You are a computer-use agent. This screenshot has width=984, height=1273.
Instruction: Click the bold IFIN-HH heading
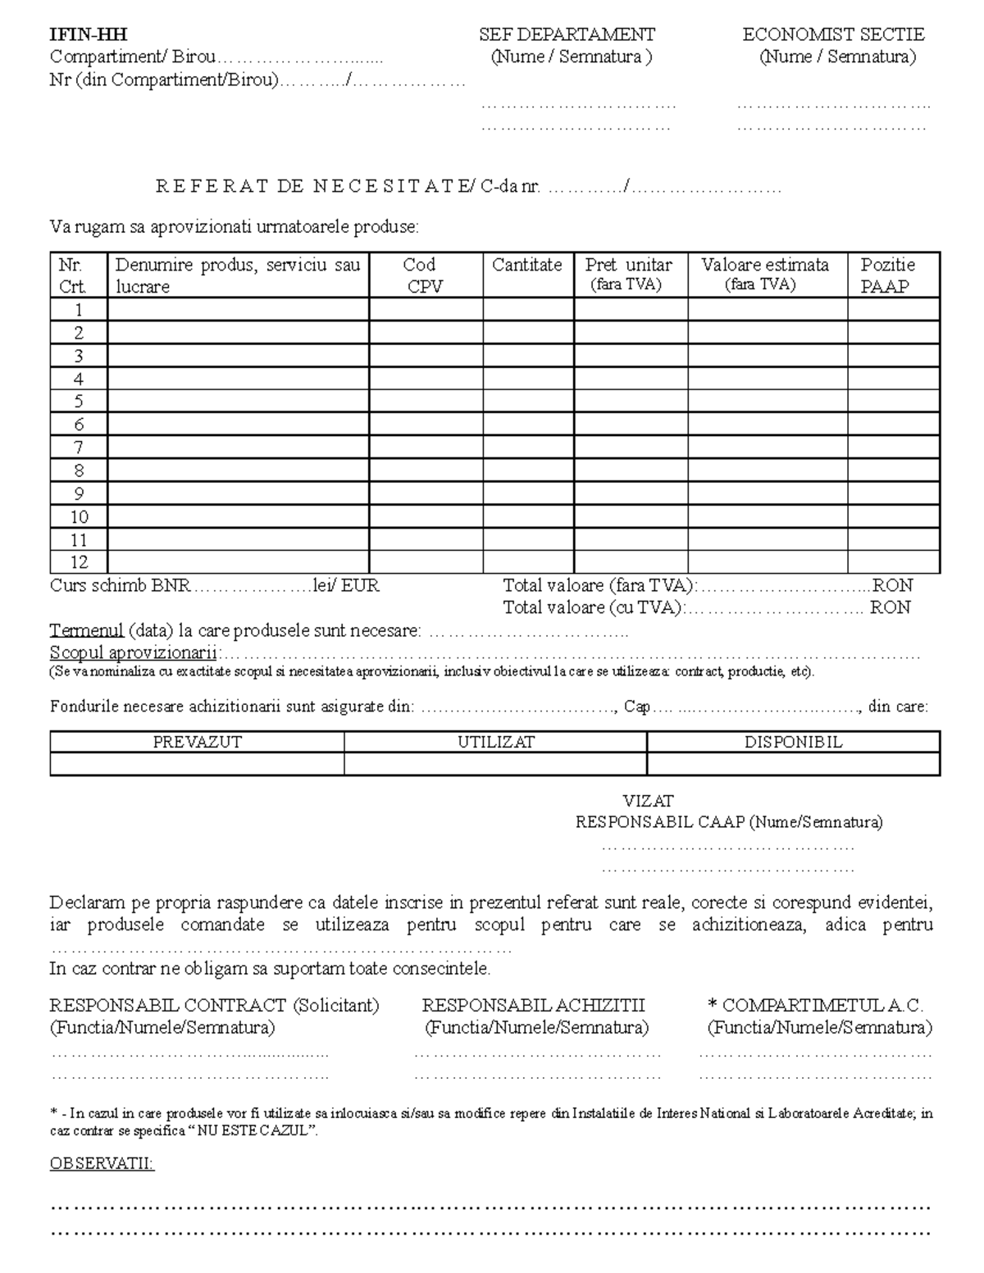click(89, 34)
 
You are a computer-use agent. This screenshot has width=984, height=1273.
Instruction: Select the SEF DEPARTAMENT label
click(567, 34)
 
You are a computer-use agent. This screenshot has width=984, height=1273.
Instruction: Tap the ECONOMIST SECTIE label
click(833, 34)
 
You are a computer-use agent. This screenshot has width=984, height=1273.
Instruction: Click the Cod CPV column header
click(426, 275)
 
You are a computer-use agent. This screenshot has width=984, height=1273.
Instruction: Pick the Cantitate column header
click(527, 265)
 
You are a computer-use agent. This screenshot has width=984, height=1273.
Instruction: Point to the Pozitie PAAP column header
click(887, 275)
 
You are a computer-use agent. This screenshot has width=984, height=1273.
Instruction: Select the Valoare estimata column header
click(765, 265)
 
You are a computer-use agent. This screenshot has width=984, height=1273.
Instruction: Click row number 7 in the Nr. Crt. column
click(79, 448)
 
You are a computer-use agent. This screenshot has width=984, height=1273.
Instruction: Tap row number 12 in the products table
click(79, 562)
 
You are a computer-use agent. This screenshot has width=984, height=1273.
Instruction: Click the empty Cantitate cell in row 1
click(528, 310)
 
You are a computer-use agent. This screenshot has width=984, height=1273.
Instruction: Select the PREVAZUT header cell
click(198, 742)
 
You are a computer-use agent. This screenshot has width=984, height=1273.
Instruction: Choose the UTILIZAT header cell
click(495, 742)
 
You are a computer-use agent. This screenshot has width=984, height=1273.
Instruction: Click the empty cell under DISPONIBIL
click(793, 764)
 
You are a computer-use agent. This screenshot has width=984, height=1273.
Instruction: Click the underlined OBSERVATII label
click(102, 1164)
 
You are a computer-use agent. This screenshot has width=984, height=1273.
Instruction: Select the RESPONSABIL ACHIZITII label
click(533, 1005)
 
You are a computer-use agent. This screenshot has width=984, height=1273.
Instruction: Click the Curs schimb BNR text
click(120, 586)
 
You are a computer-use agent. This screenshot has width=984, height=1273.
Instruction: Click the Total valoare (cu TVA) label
click(592, 607)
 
